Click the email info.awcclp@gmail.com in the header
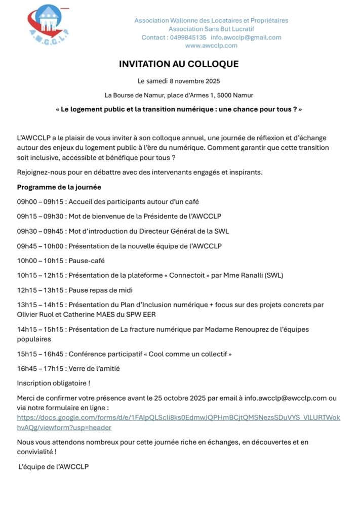pos(246,37)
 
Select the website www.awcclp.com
pos(211,46)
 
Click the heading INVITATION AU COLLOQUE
pos(179,64)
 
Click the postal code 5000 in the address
pos(227,95)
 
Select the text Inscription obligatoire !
pos(53,383)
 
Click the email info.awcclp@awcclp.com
pos(286,398)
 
